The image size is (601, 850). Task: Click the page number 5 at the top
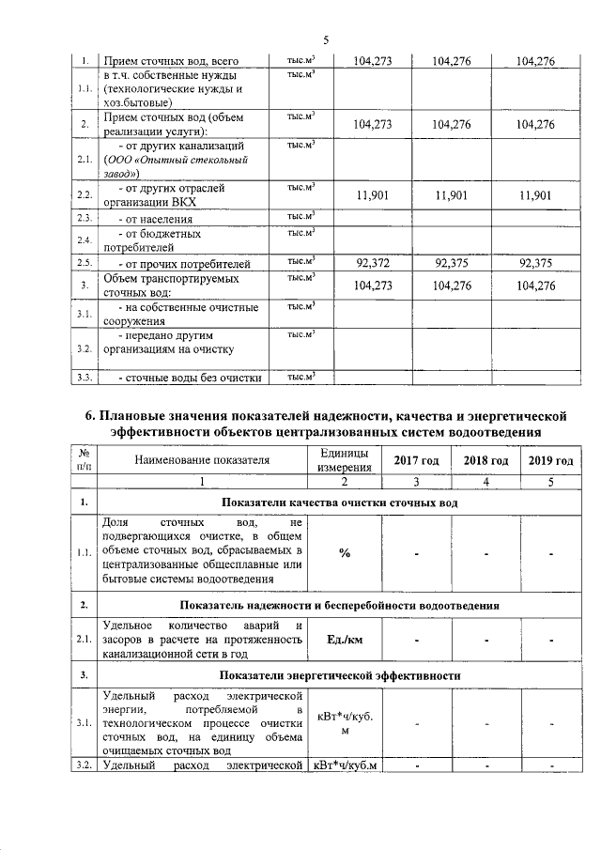pyautogui.click(x=326, y=39)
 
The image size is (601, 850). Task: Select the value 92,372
pyautogui.click(x=369, y=263)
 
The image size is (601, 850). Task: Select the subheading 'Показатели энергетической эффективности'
pyautogui.click(x=339, y=675)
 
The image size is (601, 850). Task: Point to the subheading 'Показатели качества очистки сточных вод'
pyautogui.click(x=339, y=502)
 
